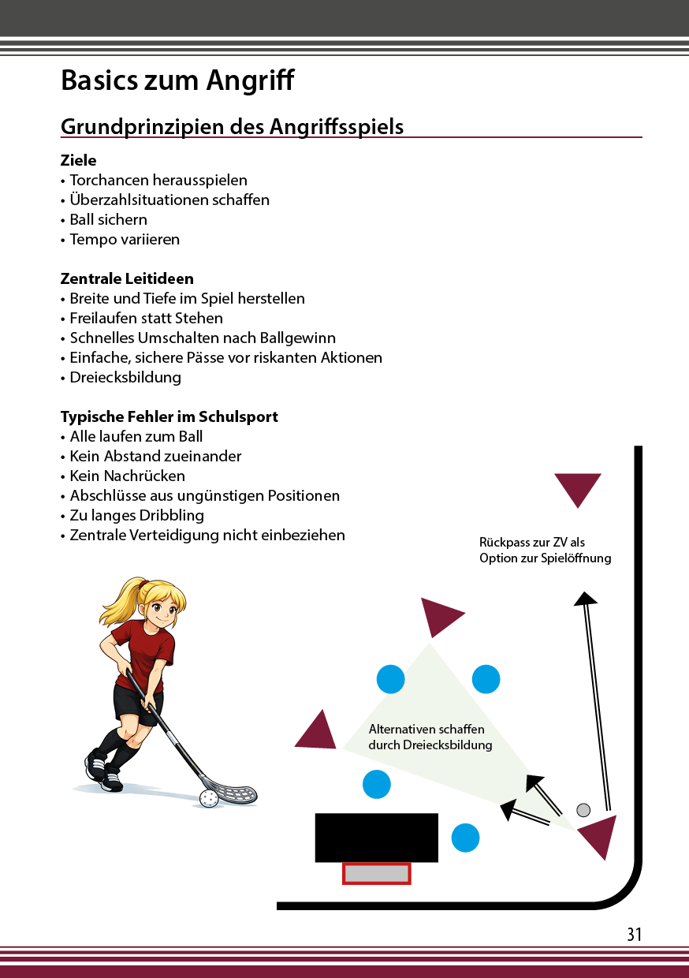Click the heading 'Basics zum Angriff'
coord(177,80)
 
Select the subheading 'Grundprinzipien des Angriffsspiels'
coord(232,126)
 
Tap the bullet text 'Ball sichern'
coord(108,219)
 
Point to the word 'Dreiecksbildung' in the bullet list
coord(125,377)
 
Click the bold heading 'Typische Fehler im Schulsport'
coord(169,416)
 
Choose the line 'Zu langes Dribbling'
coord(136,515)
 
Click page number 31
coord(635,935)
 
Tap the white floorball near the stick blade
coord(208,799)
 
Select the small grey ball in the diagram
coord(583,810)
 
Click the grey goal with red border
coord(377,873)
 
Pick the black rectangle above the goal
coord(376,838)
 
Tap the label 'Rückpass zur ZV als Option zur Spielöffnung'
coord(545,551)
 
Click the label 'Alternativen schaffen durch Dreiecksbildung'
coord(430,737)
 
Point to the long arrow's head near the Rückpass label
coord(585,598)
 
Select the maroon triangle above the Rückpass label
coord(578,487)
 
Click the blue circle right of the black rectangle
coord(465,838)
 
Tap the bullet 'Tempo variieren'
coord(125,239)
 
